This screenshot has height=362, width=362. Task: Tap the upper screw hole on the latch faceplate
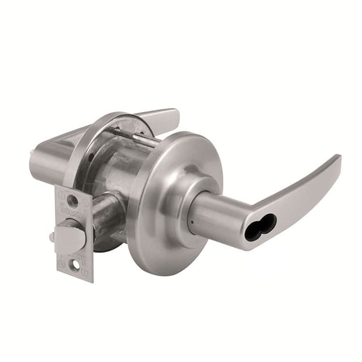coord(72,200)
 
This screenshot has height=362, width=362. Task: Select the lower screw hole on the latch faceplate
coord(74,262)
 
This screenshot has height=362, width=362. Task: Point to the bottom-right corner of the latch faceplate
coord(90,279)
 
